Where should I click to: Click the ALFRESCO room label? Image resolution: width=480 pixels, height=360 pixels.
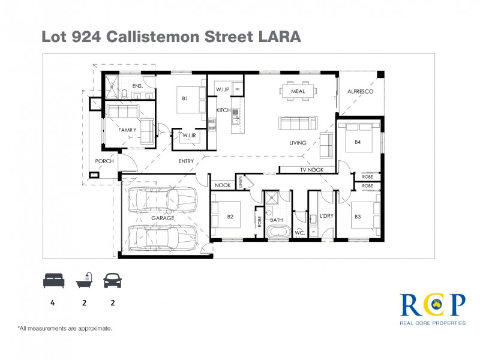point(361,92)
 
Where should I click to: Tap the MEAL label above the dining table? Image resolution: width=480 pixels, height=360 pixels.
point(298,92)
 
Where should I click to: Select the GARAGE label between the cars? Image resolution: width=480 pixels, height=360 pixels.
point(162,218)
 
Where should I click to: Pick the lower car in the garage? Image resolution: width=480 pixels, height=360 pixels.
point(162,236)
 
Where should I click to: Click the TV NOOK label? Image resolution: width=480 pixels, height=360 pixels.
point(311,170)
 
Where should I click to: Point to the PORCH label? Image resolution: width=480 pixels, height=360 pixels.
point(104,161)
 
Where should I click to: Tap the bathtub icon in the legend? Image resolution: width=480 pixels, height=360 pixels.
point(84,280)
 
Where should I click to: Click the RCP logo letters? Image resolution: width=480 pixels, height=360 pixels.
point(432,304)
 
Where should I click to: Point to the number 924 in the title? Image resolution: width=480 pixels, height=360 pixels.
point(86,37)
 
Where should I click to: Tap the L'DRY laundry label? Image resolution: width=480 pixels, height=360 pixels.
point(326,216)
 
